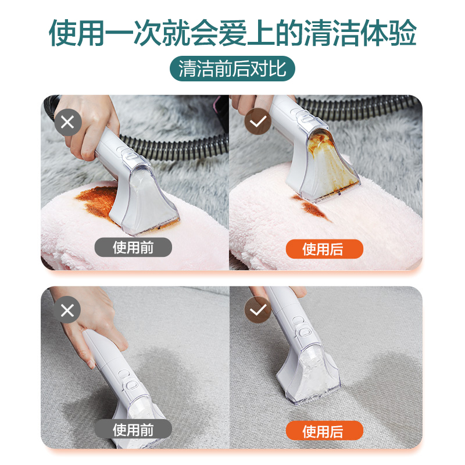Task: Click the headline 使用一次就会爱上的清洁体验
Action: click(x=233, y=33)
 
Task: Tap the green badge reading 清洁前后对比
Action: click(x=232, y=69)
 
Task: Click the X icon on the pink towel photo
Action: click(x=67, y=122)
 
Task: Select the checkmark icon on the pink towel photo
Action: click(x=257, y=121)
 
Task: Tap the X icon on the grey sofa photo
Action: click(x=67, y=310)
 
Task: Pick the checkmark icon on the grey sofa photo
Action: click(x=257, y=310)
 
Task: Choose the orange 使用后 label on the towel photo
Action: click(x=324, y=249)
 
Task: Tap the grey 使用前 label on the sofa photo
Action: click(x=133, y=429)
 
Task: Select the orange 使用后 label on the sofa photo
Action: click(x=324, y=431)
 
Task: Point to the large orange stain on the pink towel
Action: click(x=96, y=202)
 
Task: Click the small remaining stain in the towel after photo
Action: click(x=312, y=208)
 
